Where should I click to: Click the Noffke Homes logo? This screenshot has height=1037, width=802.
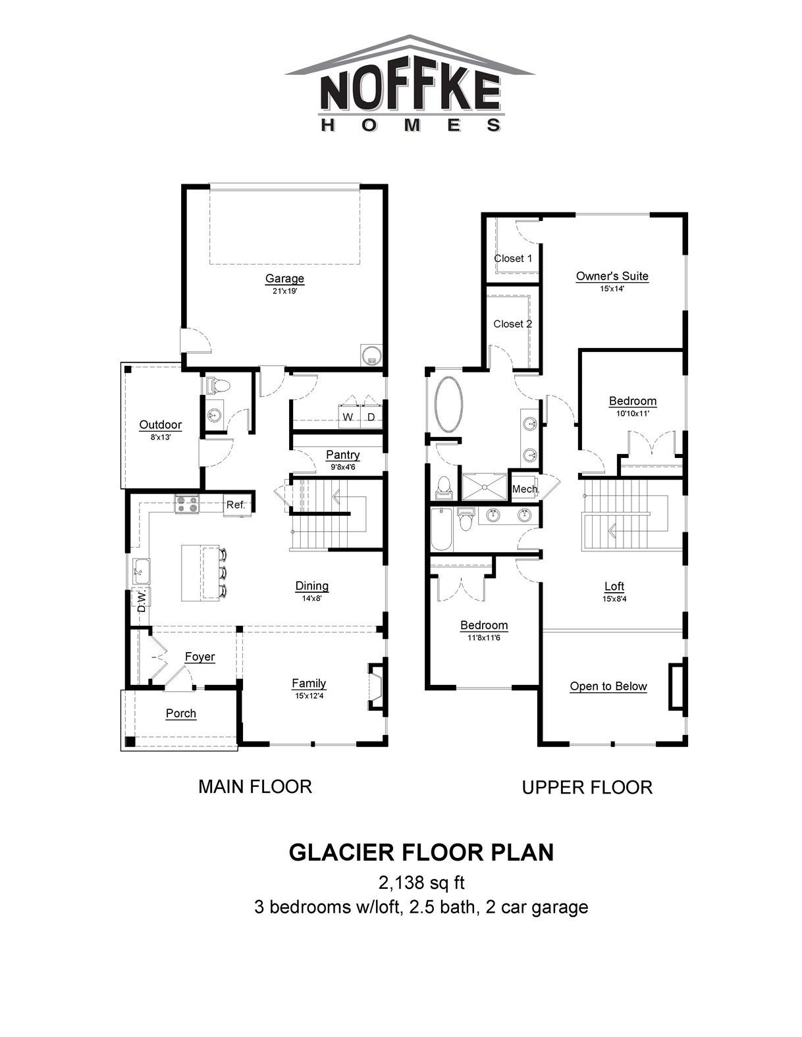(x=410, y=84)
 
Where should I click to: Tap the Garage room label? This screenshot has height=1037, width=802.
(x=284, y=278)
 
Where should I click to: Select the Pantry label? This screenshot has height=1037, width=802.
(x=343, y=455)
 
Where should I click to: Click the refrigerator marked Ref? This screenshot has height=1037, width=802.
(x=235, y=505)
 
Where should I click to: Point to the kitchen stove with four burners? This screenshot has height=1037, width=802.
(x=187, y=504)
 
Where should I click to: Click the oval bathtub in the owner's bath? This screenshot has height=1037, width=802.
(x=448, y=405)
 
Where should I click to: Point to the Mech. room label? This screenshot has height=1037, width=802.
(x=525, y=489)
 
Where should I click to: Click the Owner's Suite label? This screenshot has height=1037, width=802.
(x=612, y=276)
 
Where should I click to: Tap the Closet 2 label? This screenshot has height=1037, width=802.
(x=513, y=324)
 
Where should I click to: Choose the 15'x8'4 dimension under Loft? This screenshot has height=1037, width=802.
(x=614, y=599)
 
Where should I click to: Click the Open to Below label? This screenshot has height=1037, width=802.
(x=608, y=686)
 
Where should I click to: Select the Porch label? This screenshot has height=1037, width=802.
(x=181, y=713)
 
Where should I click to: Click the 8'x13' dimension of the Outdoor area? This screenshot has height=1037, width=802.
(x=161, y=437)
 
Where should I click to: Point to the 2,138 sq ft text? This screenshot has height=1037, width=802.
(x=421, y=883)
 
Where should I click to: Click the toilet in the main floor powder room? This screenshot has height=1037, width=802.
(x=218, y=385)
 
